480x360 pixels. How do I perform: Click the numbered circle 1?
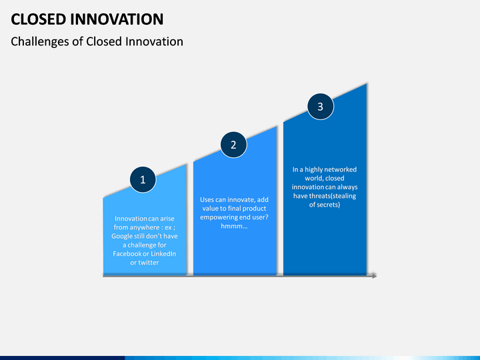pos(143,180)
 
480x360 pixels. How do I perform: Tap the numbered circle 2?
pos(233,145)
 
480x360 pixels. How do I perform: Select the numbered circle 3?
pos(321,107)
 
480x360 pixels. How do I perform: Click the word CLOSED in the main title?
pos(38,19)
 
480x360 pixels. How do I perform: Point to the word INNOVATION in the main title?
pos(117,19)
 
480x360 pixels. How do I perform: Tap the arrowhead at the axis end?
pos(374,276)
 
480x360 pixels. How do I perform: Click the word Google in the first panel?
pos(122,236)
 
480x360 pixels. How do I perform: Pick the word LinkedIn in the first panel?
pos(163,254)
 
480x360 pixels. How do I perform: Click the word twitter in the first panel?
pos(149,263)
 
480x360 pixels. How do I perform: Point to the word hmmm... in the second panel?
pos(234,226)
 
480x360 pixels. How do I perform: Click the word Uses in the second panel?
pos(207,199)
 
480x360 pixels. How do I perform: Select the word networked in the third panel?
pos(341,169)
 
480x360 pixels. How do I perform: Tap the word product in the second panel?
pos(254,209)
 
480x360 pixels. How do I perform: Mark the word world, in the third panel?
pos(314,179)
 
